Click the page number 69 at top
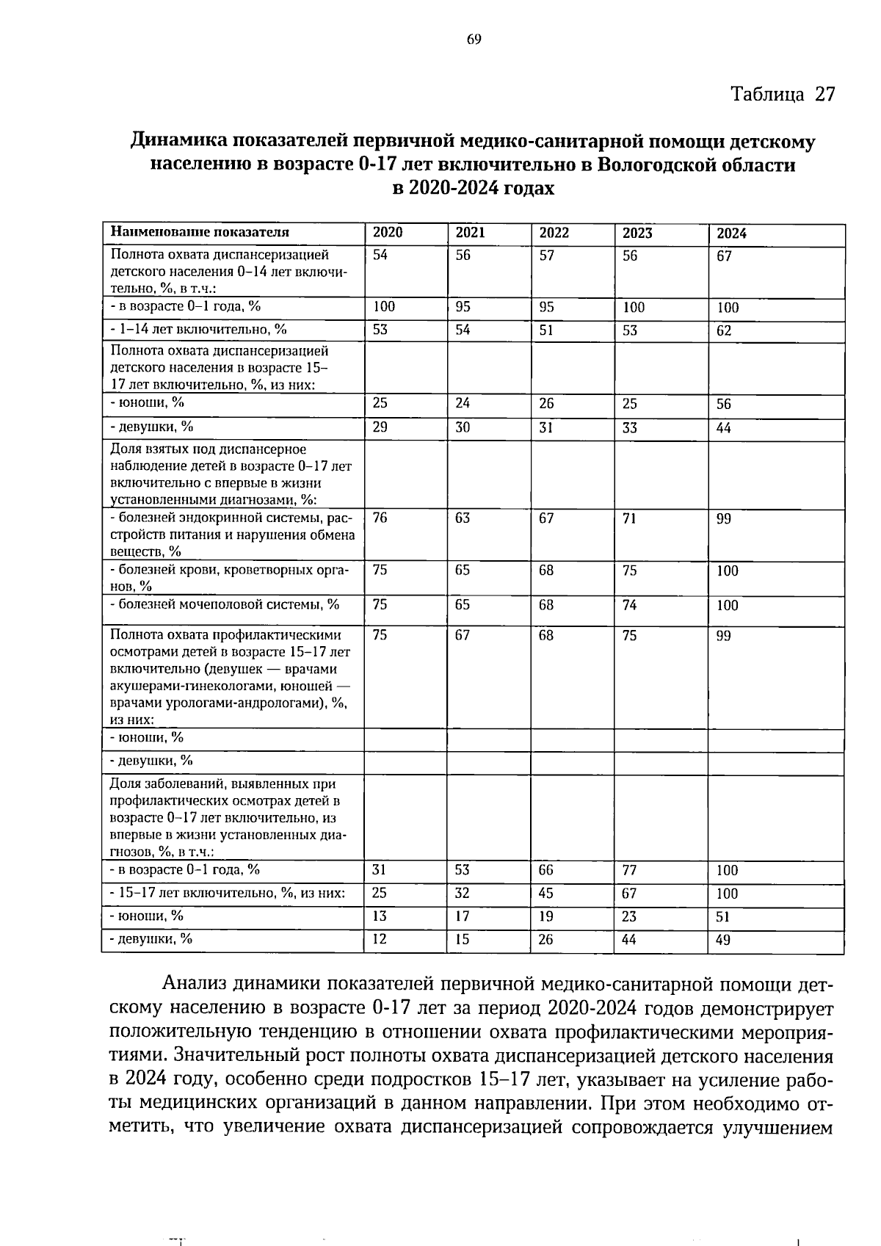pos(474,40)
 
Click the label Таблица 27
pos(783,95)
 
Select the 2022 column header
pos(554,233)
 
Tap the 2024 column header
pos(731,234)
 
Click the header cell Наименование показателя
pos(200,233)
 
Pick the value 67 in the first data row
pos(725,256)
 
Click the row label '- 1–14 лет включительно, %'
pos(198,329)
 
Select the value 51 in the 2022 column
pos(546,330)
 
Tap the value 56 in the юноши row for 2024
pos(724,405)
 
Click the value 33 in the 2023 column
pos(630,428)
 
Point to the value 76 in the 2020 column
pos(380,518)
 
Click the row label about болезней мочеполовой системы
pos(225,605)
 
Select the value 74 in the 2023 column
pos(630,606)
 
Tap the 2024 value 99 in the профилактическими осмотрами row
pos(724,637)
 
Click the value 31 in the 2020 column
pos(380,870)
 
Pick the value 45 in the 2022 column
pos(546,894)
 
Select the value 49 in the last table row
pos(723,940)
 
